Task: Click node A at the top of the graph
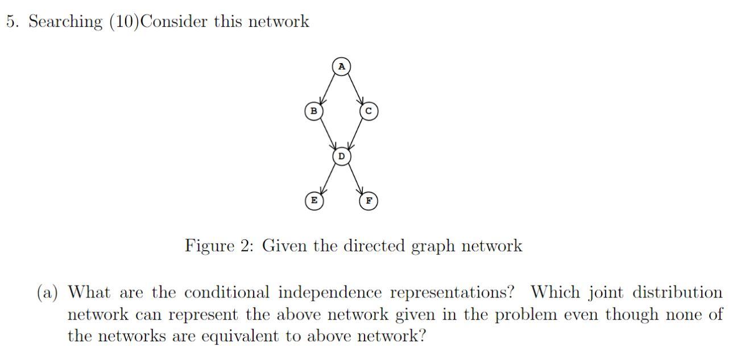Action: pos(341,67)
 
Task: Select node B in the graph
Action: pos(313,111)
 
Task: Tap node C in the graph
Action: pos(369,111)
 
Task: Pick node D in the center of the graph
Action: pos(341,156)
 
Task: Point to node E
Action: pos(313,201)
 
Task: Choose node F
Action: pos(369,201)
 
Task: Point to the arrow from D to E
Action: pos(328,178)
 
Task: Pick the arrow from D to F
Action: pos(355,178)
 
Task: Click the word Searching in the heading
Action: pos(65,22)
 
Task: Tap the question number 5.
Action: pos(11,22)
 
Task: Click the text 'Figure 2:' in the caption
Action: pos(220,246)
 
